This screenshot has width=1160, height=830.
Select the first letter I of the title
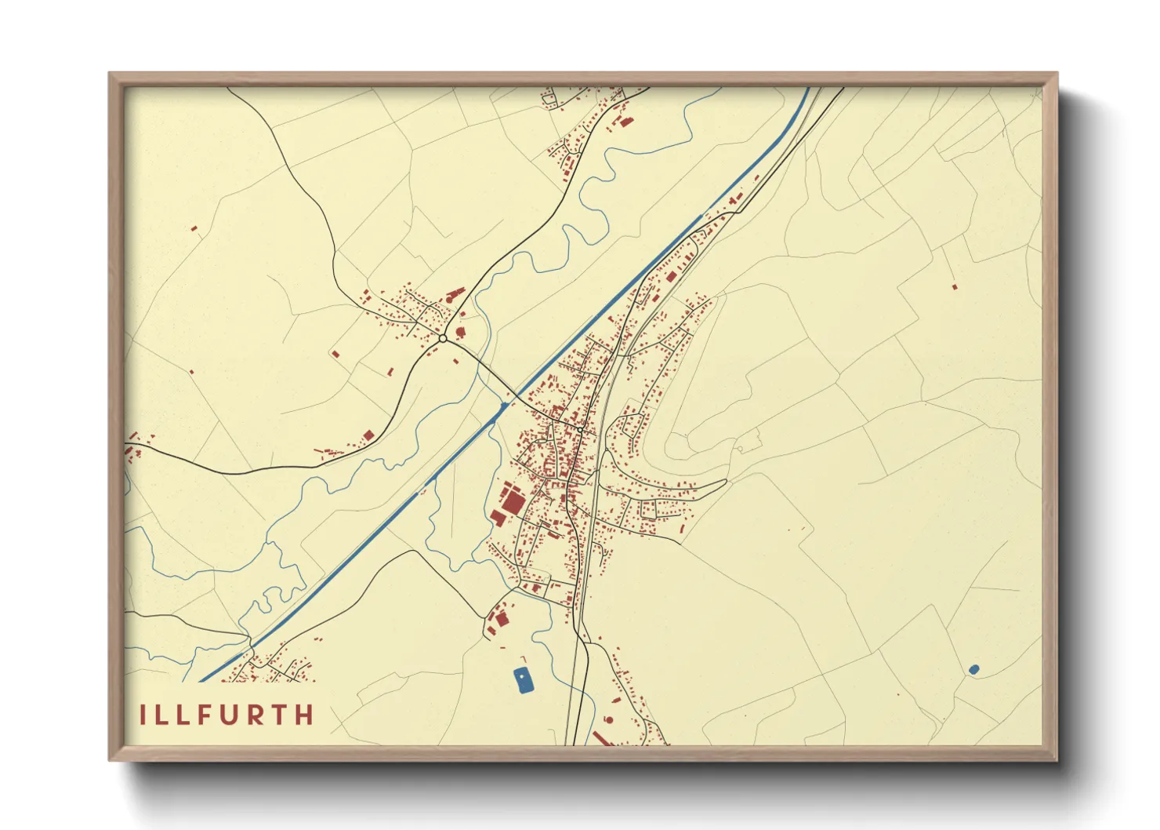(143, 715)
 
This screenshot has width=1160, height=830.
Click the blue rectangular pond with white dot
(523, 680)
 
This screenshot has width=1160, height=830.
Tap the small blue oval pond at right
(973, 669)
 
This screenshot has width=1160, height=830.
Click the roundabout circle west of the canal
(443, 338)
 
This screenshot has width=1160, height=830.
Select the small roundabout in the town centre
(579, 429)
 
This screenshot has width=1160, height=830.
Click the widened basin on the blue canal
(502, 406)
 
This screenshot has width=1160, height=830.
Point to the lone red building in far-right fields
(954, 287)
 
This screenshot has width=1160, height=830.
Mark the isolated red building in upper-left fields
(194, 229)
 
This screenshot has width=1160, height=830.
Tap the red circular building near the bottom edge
(608, 719)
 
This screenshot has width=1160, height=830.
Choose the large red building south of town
(501, 620)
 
